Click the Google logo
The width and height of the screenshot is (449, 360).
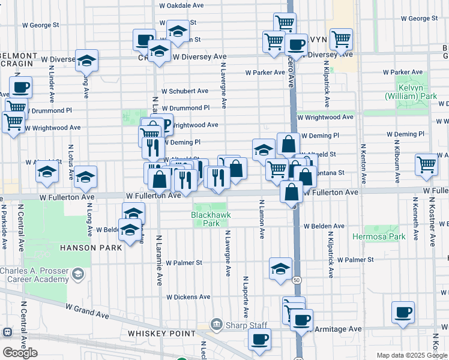coord(20,352)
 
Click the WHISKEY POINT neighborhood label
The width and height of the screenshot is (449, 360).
coord(158,333)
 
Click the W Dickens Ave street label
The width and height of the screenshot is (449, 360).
coord(188,297)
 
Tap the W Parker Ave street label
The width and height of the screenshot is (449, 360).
coord(265,73)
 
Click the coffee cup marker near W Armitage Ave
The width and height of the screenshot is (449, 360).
coord(301,319)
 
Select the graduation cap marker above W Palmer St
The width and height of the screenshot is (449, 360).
coord(280,269)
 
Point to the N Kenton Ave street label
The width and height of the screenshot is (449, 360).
coord(363,164)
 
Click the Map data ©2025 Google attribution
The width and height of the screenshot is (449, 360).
coord(411,355)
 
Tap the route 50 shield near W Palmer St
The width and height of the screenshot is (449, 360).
coord(297,280)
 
